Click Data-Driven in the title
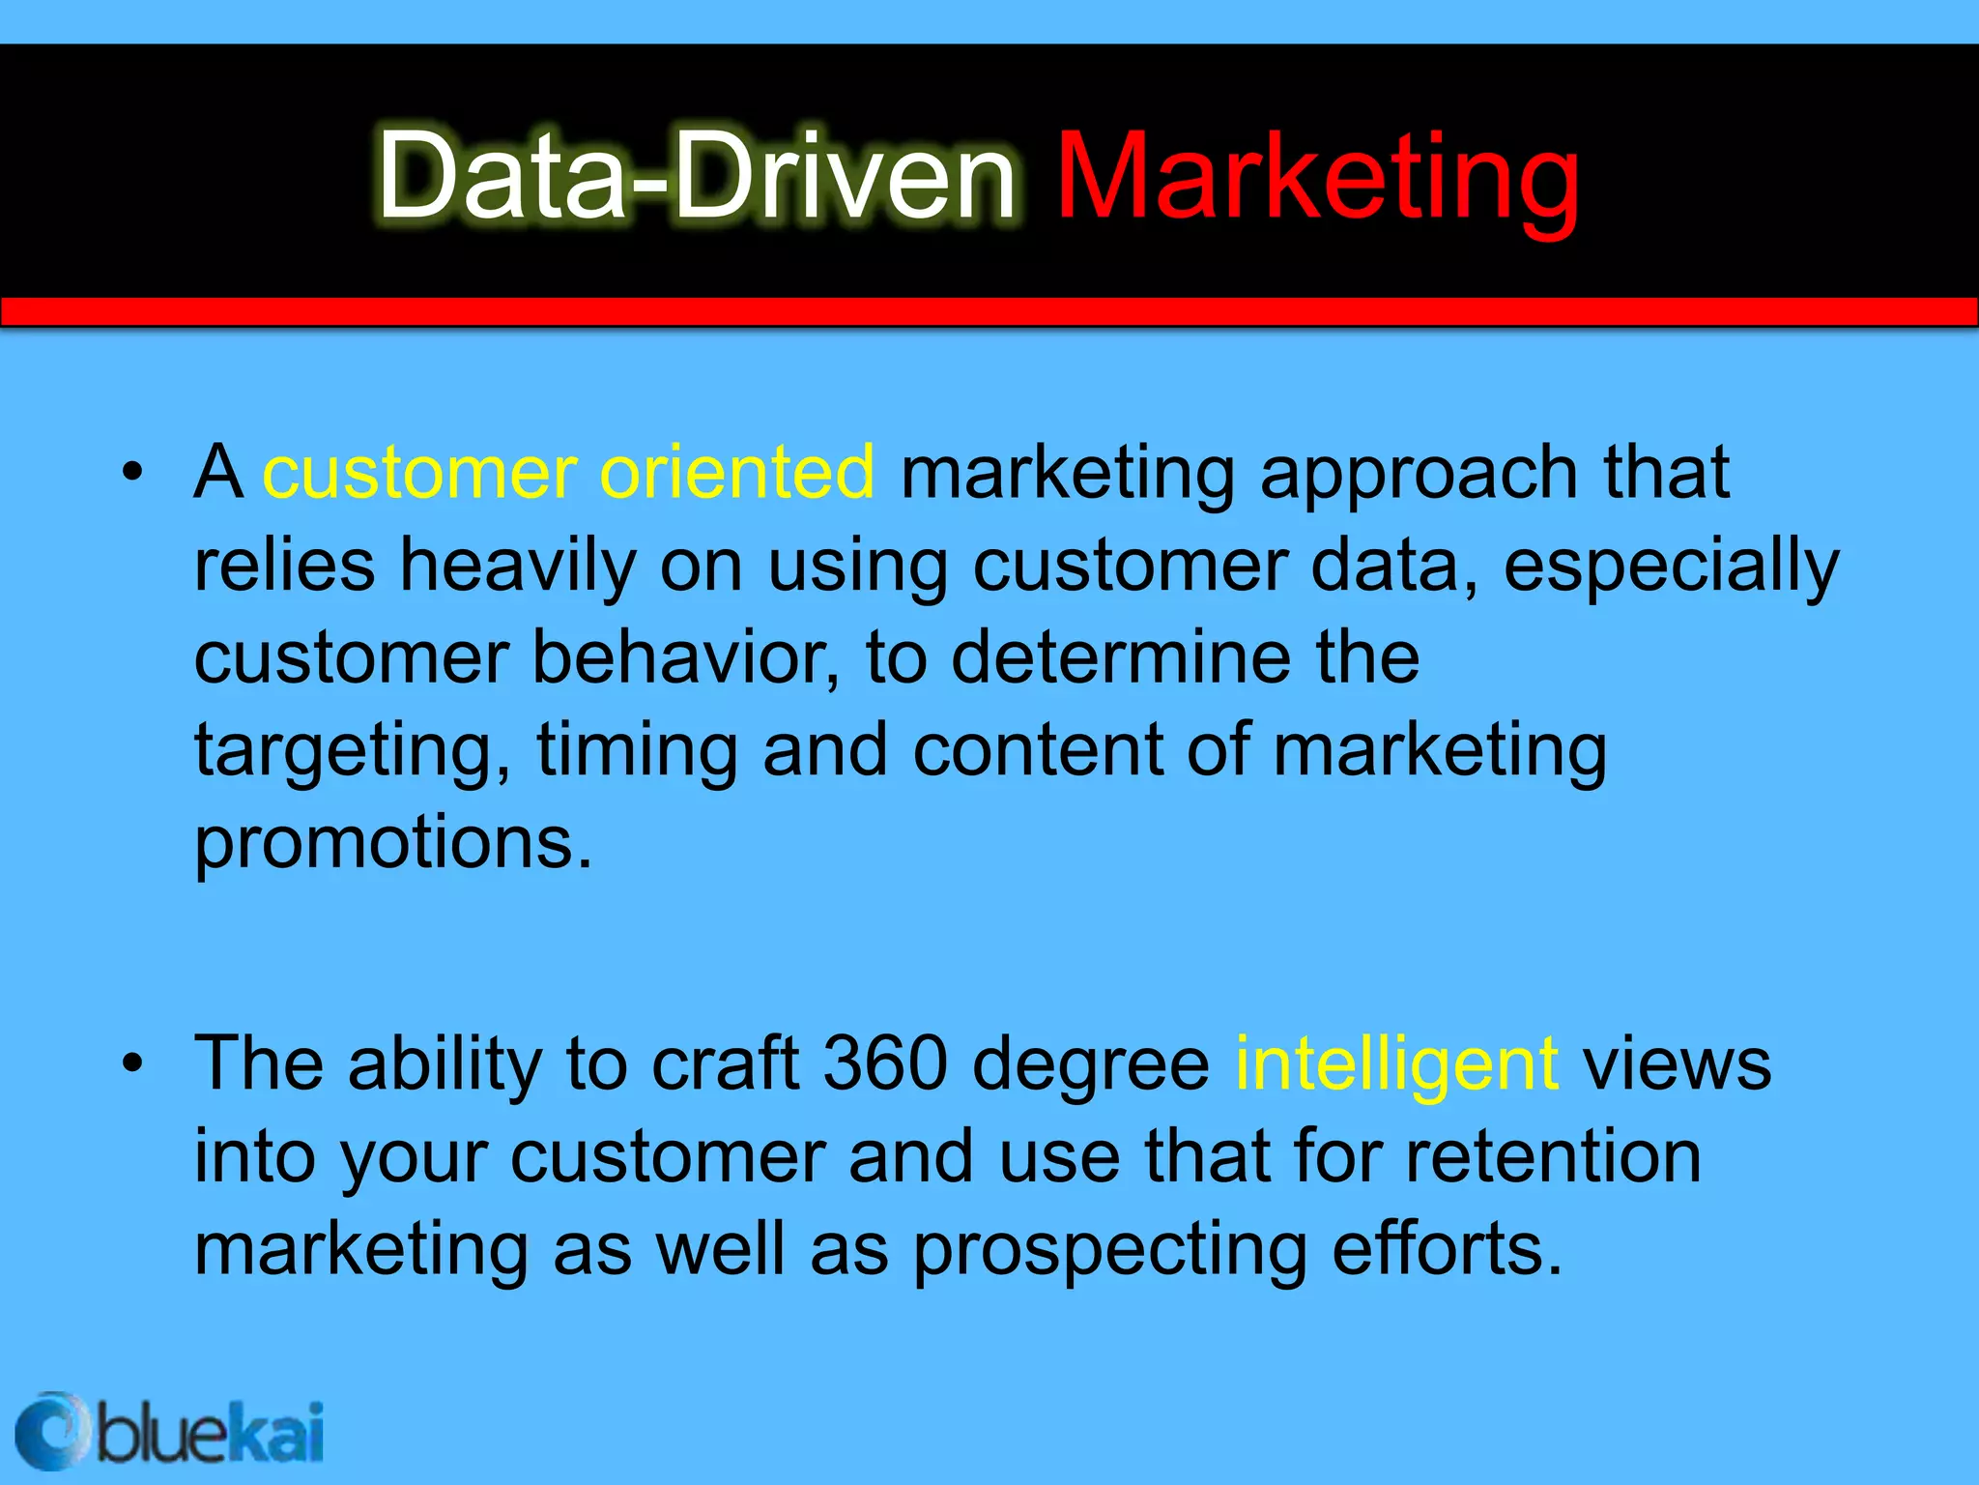coord(696,179)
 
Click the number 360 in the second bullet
coord(884,1063)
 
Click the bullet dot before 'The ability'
coord(132,1064)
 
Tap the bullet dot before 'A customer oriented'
coord(132,473)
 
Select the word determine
coord(1121,657)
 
